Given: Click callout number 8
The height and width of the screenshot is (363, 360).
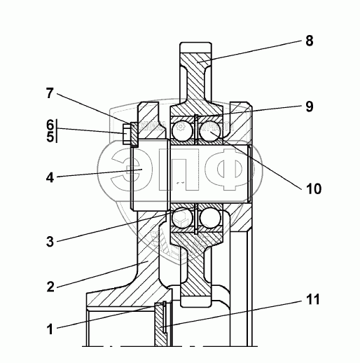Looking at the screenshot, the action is point(310,41).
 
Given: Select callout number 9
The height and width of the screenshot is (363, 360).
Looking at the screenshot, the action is point(310,107).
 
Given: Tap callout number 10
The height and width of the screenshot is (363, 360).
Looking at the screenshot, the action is point(314,189).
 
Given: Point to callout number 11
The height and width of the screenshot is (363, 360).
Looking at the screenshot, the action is point(312,299).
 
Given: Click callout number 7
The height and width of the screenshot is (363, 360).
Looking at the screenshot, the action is point(50,93).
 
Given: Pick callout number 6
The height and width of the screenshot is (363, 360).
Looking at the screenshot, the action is point(50,125).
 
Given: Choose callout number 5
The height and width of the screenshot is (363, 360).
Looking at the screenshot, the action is point(50,137).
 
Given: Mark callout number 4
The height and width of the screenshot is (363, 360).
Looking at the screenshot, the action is point(50,178).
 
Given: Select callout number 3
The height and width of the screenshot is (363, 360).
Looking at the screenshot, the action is point(50,241).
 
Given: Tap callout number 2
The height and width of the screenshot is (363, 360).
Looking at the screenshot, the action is point(50,287).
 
